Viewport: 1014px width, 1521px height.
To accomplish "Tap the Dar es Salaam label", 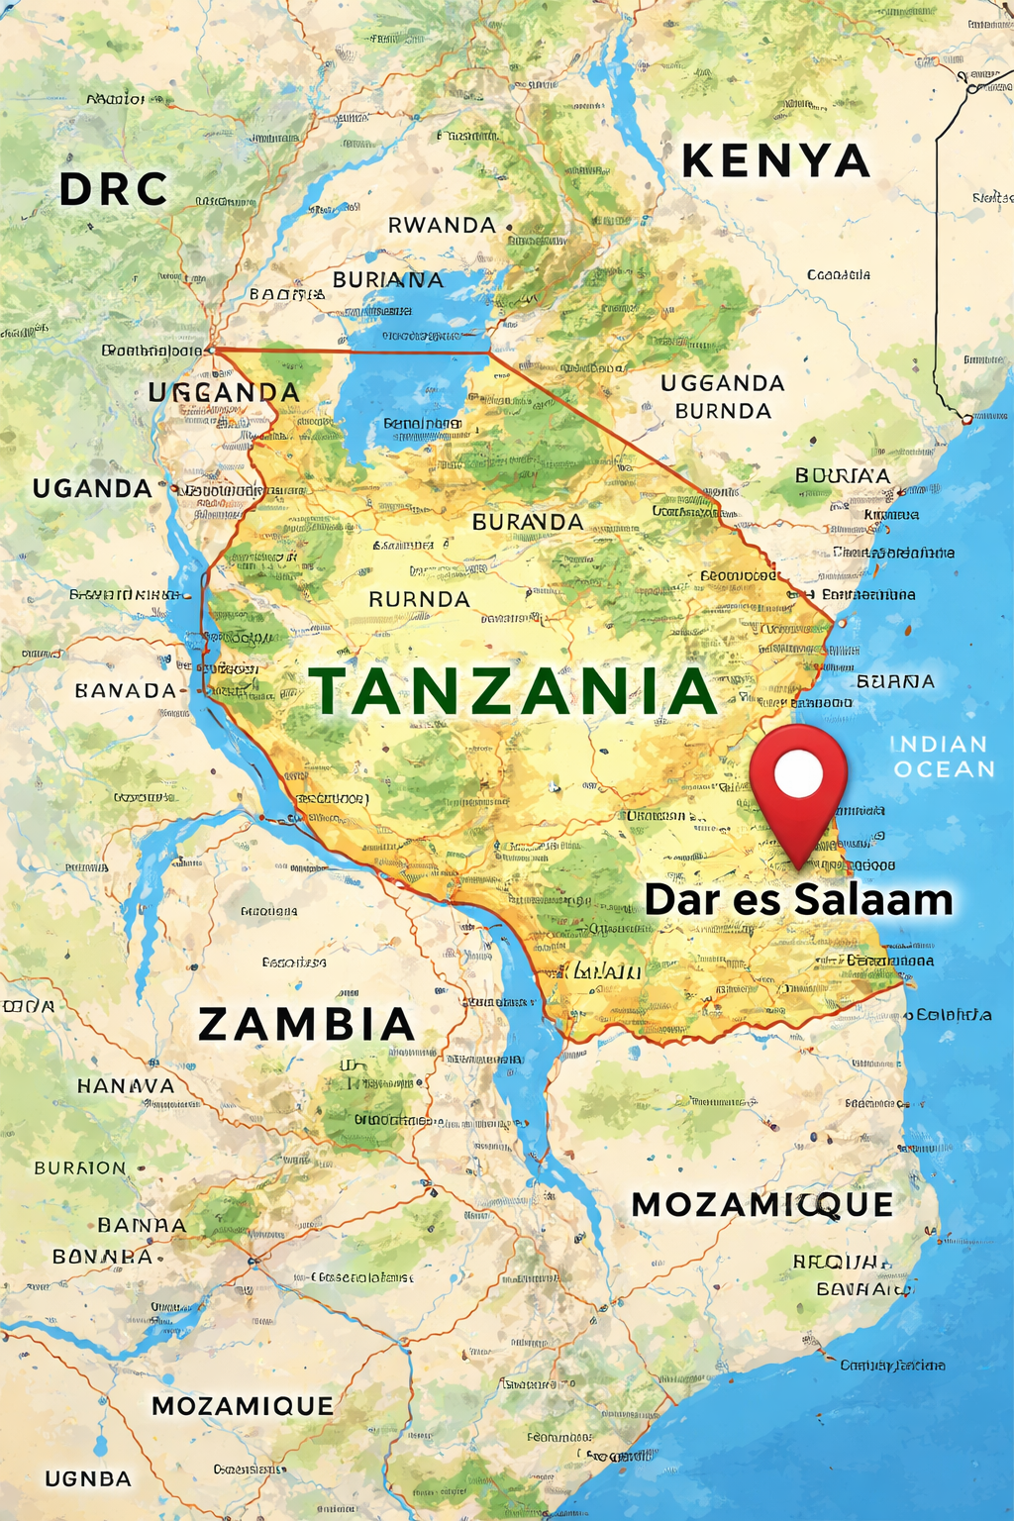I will (x=798, y=899).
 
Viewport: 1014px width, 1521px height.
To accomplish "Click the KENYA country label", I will (x=775, y=161).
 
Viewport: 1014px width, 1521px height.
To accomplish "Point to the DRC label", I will (x=113, y=190).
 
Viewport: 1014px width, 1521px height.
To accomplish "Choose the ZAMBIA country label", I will (x=306, y=1024).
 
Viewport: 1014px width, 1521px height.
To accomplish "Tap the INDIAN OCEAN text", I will (x=942, y=757).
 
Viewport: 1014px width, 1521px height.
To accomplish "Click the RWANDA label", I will (x=442, y=226).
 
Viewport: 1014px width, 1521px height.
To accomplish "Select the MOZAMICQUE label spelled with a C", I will (x=762, y=1204).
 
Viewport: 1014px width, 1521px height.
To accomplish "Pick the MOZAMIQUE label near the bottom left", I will (x=243, y=1406).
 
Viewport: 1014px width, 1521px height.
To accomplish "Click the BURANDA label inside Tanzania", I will (x=528, y=522).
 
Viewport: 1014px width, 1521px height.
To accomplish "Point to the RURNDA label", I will (x=419, y=599).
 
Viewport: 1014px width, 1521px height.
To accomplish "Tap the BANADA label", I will (x=126, y=690).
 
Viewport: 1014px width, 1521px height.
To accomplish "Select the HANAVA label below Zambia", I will (x=126, y=1086).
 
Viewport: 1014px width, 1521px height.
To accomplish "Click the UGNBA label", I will (x=88, y=1478).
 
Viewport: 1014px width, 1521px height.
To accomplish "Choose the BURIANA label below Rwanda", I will (x=388, y=280).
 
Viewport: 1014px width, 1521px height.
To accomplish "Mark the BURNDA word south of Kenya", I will (x=723, y=411).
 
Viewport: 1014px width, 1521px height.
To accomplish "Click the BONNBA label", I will (x=103, y=1257).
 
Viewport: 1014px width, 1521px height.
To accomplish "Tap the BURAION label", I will (x=80, y=1168).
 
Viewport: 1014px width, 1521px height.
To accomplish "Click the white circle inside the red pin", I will (x=798, y=774).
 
